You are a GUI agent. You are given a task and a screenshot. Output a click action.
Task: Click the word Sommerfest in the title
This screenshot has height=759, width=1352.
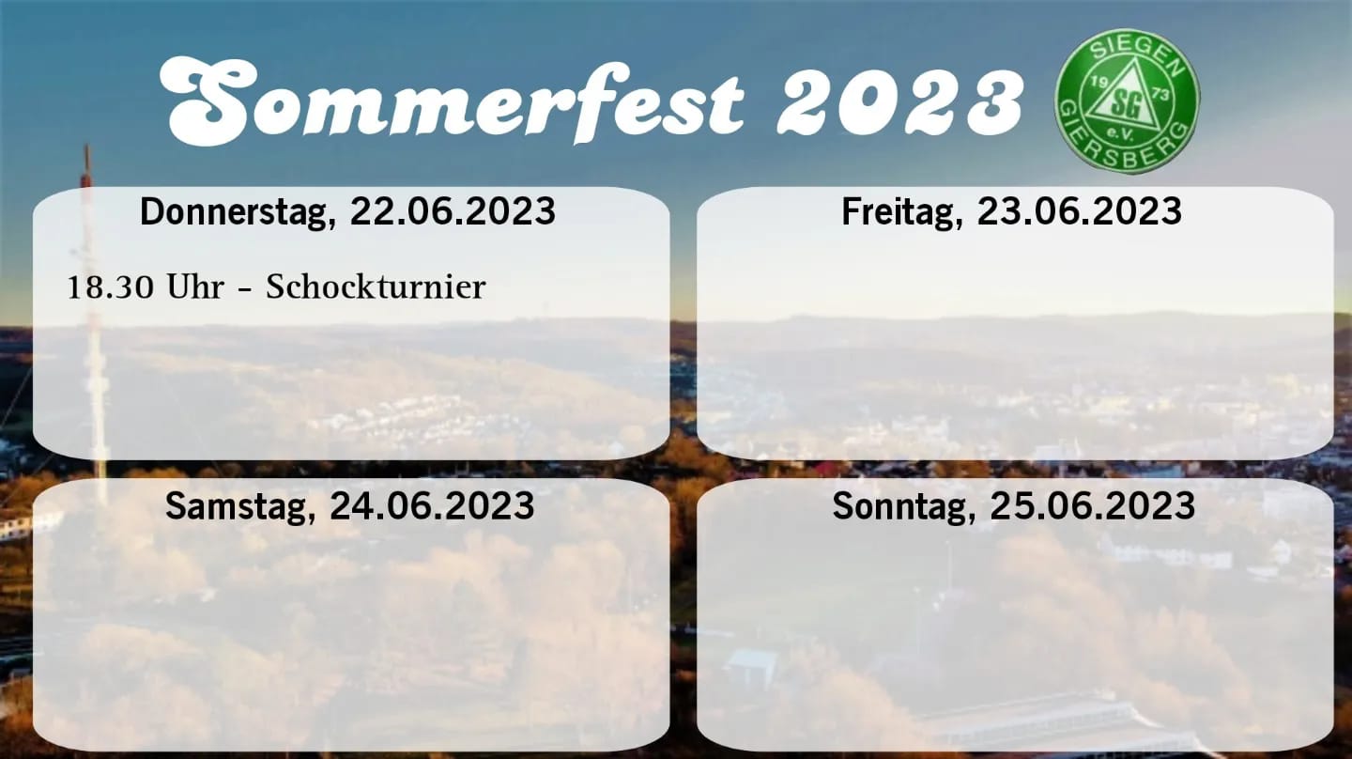click(x=452, y=101)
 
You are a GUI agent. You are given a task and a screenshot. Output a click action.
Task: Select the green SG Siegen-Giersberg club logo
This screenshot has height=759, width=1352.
click(x=1127, y=101)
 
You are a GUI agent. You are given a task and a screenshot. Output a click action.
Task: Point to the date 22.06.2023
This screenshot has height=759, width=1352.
click(x=453, y=211)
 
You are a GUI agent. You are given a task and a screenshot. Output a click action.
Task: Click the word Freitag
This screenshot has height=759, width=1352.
click(x=902, y=212)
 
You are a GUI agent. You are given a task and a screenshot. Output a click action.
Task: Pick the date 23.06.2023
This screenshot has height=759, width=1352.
click(x=1079, y=211)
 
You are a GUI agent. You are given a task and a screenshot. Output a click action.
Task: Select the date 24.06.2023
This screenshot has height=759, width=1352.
click(x=432, y=505)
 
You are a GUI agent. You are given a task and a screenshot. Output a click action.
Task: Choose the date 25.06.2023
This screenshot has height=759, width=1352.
click(x=1093, y=505)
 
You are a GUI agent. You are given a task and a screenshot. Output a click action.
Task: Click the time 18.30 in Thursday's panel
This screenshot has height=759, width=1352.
click(x=111, y=288)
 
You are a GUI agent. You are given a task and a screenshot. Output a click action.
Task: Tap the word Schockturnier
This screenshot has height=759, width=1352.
click(x=376, y=287)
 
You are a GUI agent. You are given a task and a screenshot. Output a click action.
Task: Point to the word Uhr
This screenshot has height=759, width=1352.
click(x=195, y=287)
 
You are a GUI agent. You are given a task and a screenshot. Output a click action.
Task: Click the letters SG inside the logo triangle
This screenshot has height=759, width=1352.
click(x=1127, y=106)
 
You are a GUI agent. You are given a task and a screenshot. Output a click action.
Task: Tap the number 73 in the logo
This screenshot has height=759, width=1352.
click(x=1160, y=94)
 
